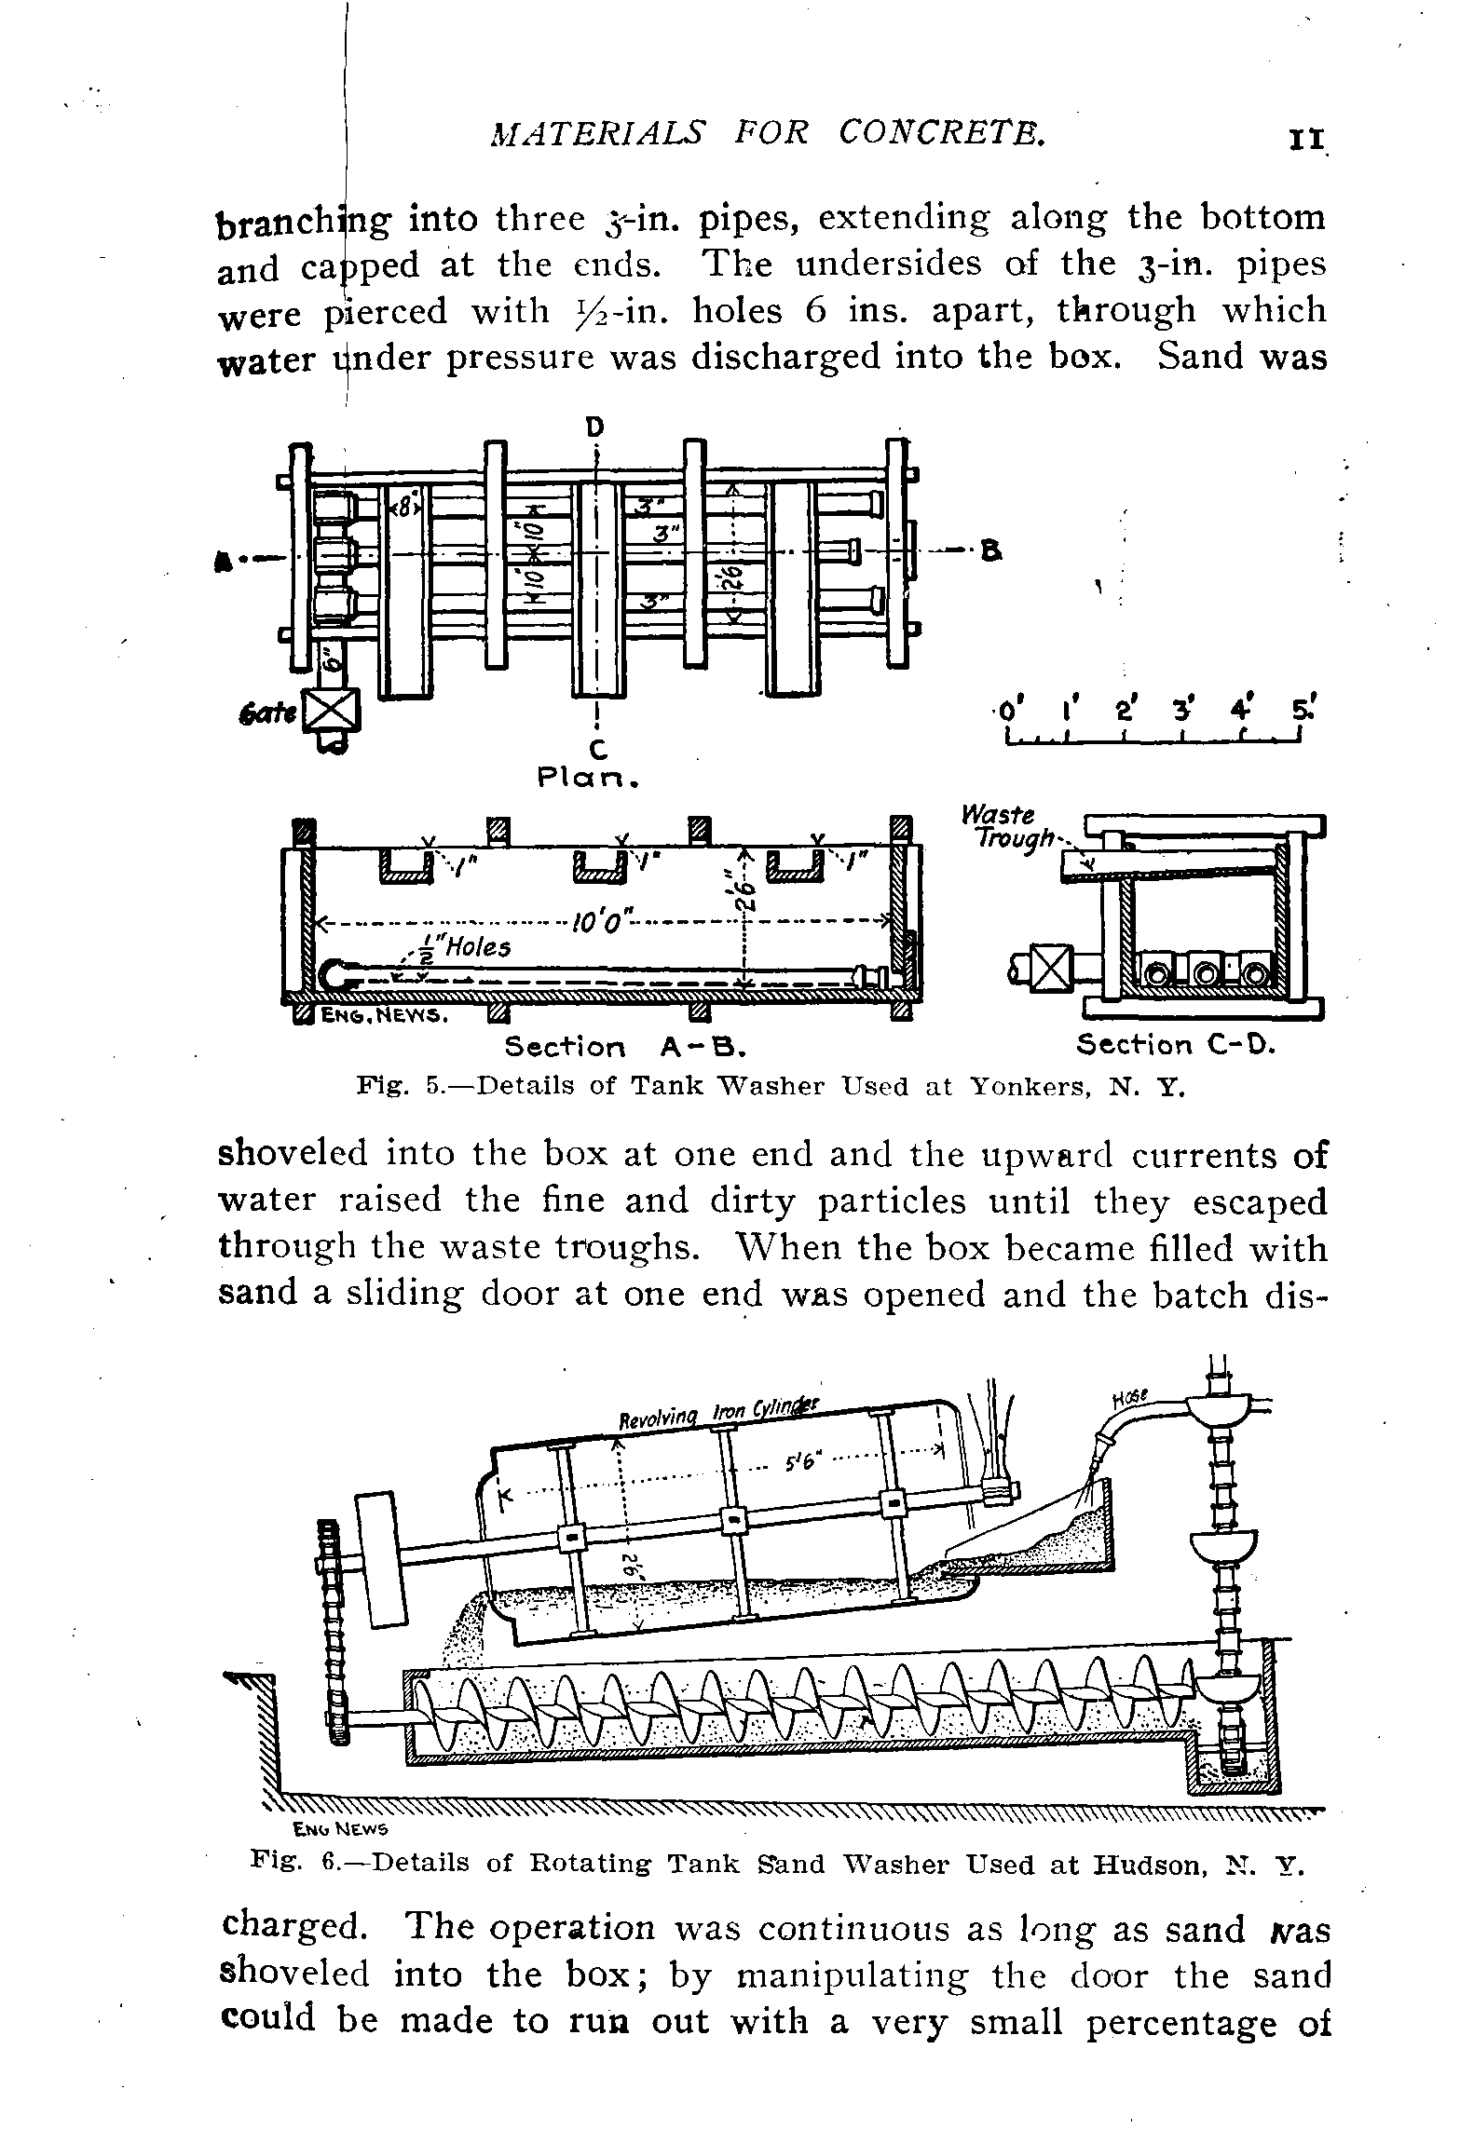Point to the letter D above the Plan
[594, 427]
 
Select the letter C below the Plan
[596, 747]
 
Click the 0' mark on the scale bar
[1006, 712]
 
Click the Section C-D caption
[1174, 1045]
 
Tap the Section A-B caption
[627, 1048]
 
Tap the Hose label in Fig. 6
[1133, 1399]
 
